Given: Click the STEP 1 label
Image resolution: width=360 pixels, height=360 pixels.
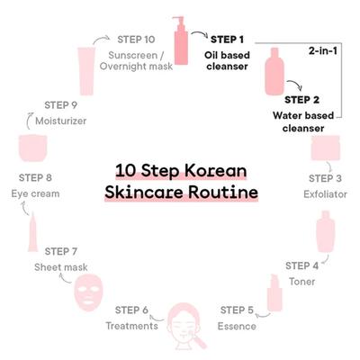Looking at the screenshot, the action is (227, 40).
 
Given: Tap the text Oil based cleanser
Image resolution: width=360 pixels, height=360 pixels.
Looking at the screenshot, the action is (227, 61).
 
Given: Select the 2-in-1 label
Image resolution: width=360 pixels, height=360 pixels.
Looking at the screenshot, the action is (323, 50).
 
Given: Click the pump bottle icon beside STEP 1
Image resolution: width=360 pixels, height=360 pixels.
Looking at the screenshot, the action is (181, 40).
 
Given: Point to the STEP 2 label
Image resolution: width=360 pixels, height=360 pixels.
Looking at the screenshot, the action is (301, 100).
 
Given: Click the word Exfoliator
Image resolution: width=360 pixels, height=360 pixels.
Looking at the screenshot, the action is (325, 194).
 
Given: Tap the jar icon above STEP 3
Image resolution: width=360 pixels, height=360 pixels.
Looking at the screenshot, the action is (325, 148).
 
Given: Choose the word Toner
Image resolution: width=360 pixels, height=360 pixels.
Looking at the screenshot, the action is (302, 282).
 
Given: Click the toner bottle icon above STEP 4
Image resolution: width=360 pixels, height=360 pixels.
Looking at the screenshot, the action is (326, 231).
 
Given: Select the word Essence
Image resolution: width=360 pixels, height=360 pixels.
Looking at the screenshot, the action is (237, 326).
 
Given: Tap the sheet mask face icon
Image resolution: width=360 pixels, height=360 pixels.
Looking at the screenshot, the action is (88, 293).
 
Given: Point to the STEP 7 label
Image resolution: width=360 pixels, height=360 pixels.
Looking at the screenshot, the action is (61, 251).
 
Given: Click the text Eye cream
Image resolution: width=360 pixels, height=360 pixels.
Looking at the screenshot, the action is (35, 193).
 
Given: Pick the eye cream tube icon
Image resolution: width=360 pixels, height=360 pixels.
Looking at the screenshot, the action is (33, 232).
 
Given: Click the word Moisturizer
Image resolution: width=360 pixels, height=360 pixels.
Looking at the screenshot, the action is (61, 121).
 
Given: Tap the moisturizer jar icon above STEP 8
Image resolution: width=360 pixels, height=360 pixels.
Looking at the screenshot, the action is (33, 148).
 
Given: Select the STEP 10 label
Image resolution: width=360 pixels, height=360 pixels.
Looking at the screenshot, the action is (136, 40).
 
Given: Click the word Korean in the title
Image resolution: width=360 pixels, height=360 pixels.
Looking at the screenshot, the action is (215, 171).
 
